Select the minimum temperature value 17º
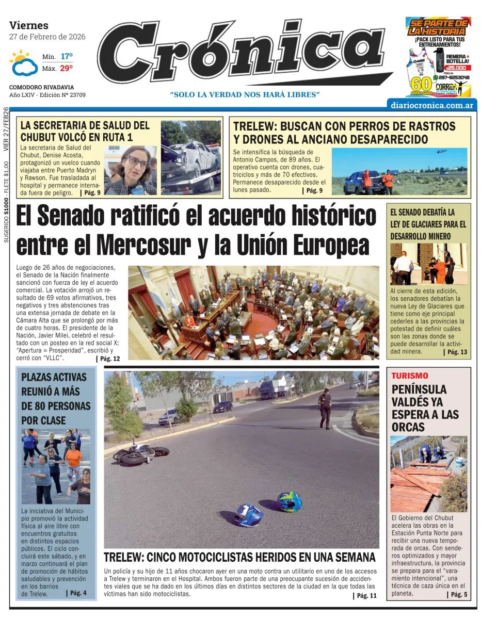click(67, 56)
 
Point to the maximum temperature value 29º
click(67, 68)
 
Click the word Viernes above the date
click(29, 25)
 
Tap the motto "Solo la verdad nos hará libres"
click(245, 94)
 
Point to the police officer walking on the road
click(325, 408)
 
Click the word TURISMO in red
click(409, 376)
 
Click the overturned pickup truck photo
click(191, 157)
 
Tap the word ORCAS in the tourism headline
click(408, 427)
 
